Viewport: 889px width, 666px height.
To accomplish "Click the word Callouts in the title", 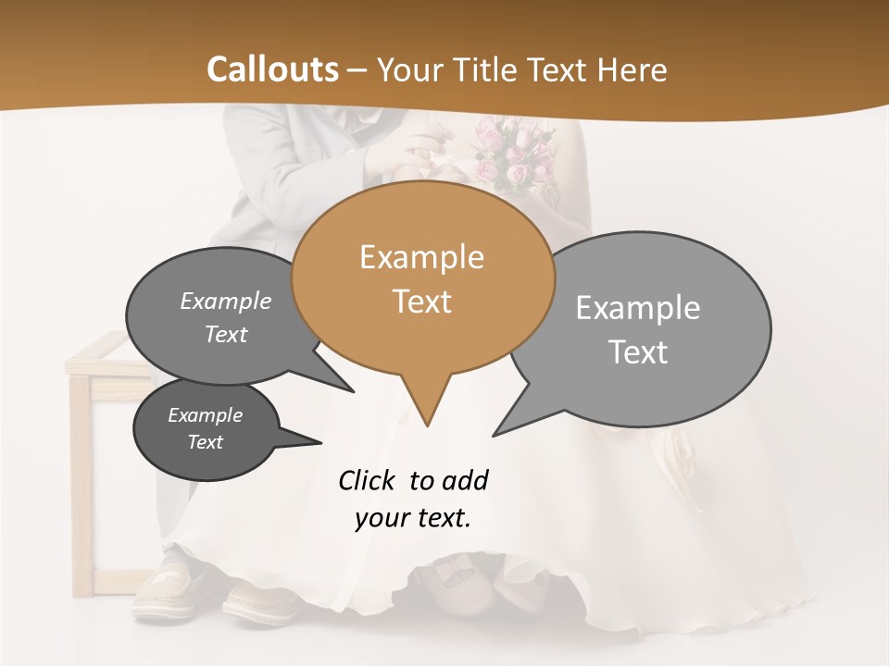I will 272,69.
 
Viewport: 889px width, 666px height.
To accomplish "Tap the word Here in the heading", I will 632,69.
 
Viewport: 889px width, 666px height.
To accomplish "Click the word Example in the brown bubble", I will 421,257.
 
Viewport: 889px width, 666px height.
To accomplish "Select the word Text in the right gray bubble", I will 638,352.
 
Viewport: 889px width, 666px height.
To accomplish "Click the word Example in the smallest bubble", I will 205,415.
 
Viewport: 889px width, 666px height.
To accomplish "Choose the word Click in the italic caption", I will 367,480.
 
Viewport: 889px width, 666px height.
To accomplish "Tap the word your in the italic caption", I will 381,518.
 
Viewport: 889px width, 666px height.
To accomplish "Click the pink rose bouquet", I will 514,153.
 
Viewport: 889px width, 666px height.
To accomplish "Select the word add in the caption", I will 464,480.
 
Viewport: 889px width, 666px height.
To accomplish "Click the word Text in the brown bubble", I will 421,302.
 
